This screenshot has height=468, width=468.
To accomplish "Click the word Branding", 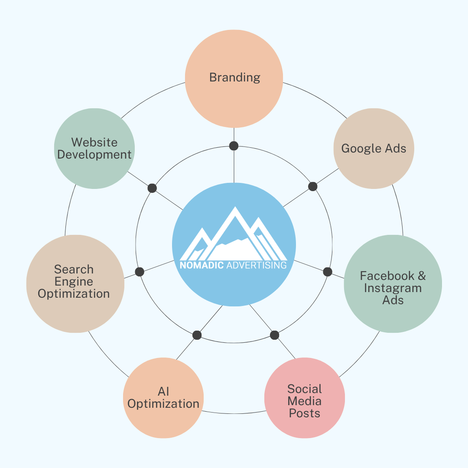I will tap(234, 78).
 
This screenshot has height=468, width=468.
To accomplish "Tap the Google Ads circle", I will tap(374, 149).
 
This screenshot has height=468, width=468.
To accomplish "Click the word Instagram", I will tap(393, 288).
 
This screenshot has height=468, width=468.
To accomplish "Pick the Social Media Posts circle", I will tap(305, 401).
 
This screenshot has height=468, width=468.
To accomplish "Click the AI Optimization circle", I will tap(163, 398).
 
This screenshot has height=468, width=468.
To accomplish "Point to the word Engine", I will tap(74, 282).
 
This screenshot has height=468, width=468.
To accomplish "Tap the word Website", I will tap(94, 142).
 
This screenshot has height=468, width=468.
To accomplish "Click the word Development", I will tap(94, 154).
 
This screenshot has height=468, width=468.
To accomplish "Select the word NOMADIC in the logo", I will tap(201, 265).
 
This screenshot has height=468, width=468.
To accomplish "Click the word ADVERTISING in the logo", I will tap(256, 265).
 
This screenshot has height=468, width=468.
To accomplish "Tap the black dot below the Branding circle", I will tap(234, 146).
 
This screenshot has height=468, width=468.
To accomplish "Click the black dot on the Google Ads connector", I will tap(313, 186).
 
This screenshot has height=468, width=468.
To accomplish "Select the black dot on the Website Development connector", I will tap(152, 188).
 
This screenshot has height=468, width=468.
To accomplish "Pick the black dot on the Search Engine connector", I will tap(140, 272).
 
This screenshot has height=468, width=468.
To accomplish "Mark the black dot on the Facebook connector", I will tap(328, 272).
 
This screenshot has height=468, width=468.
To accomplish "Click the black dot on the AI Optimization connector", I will tap(197, 335).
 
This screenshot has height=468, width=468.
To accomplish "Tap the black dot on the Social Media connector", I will tap(274, 335).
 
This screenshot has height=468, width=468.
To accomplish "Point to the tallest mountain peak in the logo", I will tap(235, 209).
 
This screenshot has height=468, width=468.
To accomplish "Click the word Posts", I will tap(304, 413).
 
